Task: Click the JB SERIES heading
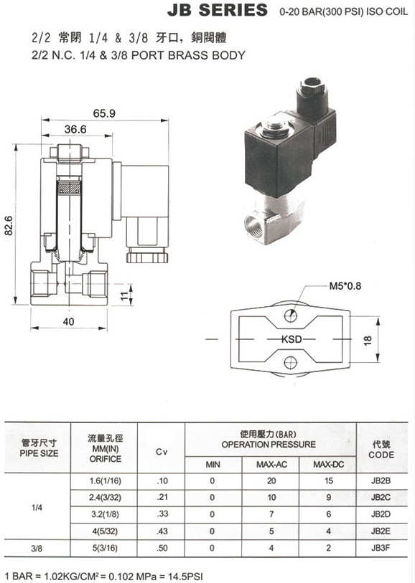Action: [218, 10]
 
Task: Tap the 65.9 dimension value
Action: [104, 113]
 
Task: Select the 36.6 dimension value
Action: [75, 129]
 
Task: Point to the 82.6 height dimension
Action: [8, 225]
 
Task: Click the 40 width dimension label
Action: [68, 321]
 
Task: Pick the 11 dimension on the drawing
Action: [125, 295]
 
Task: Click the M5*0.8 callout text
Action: [345, 286]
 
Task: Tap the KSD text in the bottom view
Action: [292, 339]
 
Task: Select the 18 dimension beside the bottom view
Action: [368, 340]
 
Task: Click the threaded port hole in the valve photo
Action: [253, 224]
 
